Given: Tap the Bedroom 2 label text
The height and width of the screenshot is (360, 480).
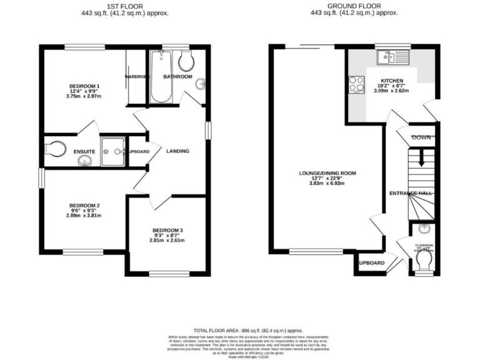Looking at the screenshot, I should point(84,206).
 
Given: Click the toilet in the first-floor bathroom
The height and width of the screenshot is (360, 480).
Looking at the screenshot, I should point(186,61).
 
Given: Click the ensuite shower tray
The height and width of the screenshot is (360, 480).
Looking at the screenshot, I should point(113,151).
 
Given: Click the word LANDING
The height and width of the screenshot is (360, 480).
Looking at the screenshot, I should point(177,151).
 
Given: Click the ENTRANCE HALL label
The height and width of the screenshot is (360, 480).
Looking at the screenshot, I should point(411,193).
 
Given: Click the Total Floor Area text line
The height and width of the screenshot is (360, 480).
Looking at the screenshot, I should point(247,330).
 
